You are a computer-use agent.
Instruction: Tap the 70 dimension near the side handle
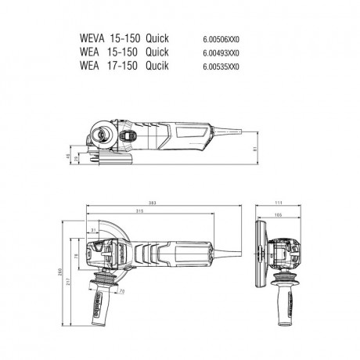click(x=122, y=291)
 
